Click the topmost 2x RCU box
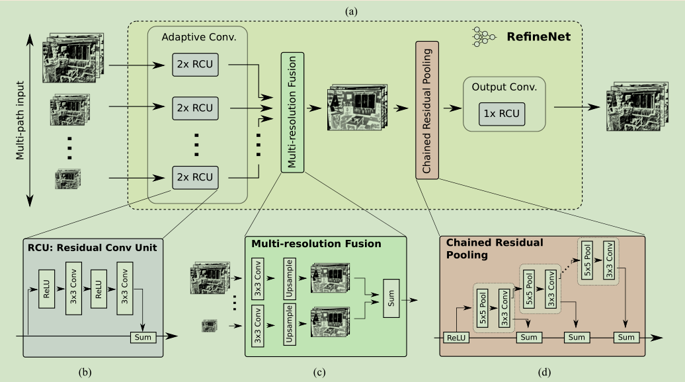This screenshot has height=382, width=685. (x=195, y=65)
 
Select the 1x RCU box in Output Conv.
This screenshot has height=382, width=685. (x=501, y=114)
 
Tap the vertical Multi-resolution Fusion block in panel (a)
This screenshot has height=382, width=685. (x=292, y=112)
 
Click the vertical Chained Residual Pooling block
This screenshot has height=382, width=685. (x=427, y=110)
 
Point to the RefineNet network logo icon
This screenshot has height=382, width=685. (x=483, y=36)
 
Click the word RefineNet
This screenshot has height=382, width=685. (x=539, y=36)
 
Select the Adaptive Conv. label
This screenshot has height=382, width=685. (x=199, y=37)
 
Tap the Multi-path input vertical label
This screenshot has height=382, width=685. (x=20, y=120)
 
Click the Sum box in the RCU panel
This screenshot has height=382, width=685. (x=143, y=337)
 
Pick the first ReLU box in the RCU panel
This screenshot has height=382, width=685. (x=47, y=289)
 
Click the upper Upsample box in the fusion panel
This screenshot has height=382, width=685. (x=289, y=278)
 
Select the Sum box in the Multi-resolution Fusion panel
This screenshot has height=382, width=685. (x=391, y=298)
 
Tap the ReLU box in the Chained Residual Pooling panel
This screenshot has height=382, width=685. (x=456, y=338)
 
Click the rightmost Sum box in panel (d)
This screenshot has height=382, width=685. (x=626, y=337)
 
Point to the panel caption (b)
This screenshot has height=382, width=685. (x=85, y=372)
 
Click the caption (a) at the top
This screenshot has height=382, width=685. (x=351, y=12)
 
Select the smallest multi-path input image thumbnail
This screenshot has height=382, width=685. (x=67, y=178)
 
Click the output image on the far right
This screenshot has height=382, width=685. (x=637, y=106)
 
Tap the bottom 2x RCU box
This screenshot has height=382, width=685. (x=195, y=178)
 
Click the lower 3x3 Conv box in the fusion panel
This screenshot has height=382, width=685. (x=258, y=326)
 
